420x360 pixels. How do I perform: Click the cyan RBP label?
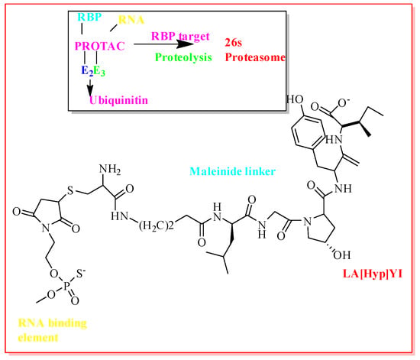coord(89,17)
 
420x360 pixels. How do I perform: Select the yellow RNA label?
coord(131,20)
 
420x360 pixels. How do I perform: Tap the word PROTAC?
coord(100,46)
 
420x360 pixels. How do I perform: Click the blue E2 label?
coord(87,71)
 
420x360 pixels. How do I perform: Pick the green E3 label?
coord(99,71)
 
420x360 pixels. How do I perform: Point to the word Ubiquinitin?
coord(118,100)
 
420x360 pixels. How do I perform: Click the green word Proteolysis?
coord(183,57)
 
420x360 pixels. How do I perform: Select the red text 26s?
coord(234,42)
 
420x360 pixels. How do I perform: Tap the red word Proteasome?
coord(255,57)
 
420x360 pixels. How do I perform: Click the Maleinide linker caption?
coord(232,171)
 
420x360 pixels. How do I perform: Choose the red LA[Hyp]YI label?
coord(373,274)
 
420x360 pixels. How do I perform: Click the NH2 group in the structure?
coord(110,170)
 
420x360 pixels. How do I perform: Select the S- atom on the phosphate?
coord(81,274)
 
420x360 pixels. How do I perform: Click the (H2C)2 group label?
coord(157,225)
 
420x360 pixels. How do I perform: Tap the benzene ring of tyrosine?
coord(309,133)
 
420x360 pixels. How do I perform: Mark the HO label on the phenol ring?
coord(295,99)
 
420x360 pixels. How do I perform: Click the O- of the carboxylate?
coord(344,103)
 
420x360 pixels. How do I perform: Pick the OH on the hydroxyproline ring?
coord(342,255)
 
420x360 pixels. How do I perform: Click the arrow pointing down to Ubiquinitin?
coord(90,86)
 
